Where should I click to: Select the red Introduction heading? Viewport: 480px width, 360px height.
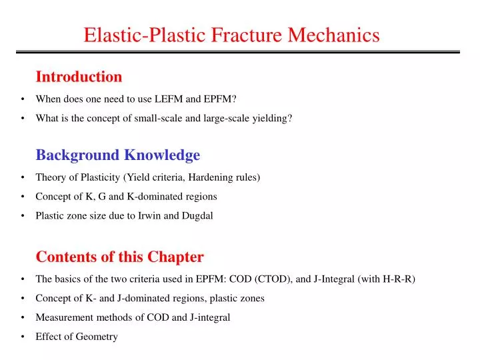click(x=79, y=77)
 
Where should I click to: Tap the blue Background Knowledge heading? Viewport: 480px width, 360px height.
click(x=117, y=155)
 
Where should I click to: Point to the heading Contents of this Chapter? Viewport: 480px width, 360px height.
click(x=119, y=257)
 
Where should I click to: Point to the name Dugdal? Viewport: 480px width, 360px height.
click(x=198, y=215)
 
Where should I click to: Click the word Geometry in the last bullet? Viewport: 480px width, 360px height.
click(x=97, y=337)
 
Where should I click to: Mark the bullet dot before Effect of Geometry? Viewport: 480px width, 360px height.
click(x=23, y=337)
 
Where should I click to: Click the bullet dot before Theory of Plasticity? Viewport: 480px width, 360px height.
click(x=23, y=177)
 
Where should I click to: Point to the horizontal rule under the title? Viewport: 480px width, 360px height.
click(x=239, y=52)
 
